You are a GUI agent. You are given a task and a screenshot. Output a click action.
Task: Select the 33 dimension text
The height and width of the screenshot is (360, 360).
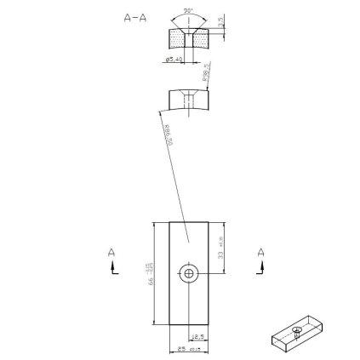(x=220, y=246)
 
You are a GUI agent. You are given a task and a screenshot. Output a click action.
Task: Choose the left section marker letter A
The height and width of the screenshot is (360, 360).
(x=111, y=252)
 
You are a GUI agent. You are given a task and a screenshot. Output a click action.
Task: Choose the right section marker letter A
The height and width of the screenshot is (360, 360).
(x=260, y=252)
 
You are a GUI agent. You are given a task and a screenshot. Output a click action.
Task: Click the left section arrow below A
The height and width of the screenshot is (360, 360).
(x=112, y=267)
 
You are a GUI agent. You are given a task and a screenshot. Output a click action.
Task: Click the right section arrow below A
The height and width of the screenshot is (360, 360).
(x=260, y=267)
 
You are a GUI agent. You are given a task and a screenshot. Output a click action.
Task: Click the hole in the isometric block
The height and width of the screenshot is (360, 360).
(x=296, y=329)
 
